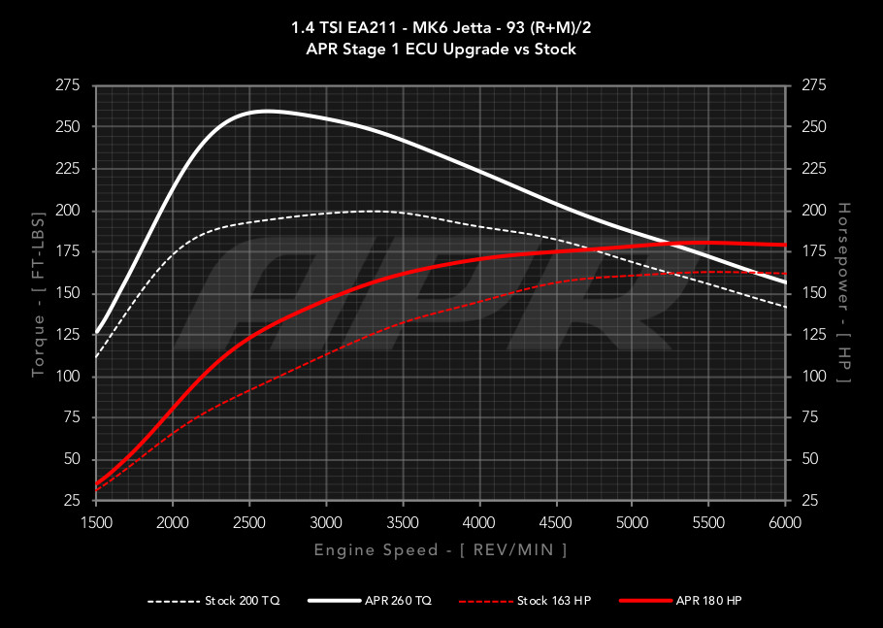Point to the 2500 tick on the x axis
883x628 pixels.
(249, 523)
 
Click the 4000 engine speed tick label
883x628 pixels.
(478, 523)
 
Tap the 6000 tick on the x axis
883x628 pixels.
(784, 523)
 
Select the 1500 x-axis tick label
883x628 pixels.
(96, 523)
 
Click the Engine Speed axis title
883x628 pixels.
(440, 550)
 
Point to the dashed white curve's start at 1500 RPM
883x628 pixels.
(96, 356)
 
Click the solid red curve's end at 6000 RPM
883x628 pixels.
(784, 245)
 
